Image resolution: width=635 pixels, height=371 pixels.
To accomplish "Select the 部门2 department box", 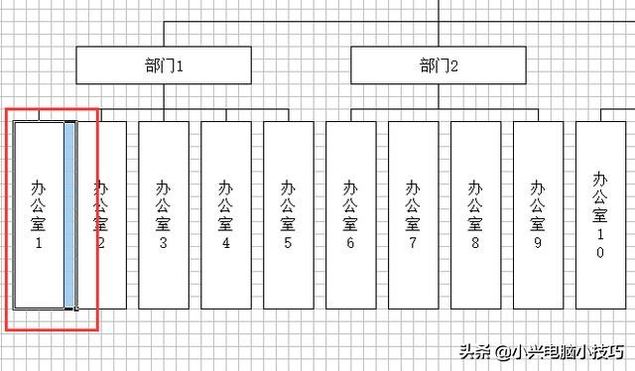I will [438, 65].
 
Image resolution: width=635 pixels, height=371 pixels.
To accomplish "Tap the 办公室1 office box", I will [39, 213].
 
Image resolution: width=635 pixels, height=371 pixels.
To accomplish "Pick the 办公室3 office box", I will [164, 213].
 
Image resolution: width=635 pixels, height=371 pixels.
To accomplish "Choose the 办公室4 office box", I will [226, 213].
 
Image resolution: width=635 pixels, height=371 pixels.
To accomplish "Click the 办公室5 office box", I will [288, 213].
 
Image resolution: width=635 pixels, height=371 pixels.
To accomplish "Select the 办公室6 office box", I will [350, 213].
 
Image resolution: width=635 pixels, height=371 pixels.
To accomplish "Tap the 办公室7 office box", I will [413, 213].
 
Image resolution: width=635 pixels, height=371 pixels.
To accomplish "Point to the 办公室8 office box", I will [475, 213].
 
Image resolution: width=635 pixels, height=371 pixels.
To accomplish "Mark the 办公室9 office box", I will [537, 213].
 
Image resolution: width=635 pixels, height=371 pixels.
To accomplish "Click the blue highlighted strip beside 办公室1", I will [69, 213].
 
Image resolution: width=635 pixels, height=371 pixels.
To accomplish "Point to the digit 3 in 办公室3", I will [164, 241].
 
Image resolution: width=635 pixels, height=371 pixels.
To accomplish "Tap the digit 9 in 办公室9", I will [537, 241].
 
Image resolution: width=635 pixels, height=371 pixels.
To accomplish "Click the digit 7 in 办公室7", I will [413, 241].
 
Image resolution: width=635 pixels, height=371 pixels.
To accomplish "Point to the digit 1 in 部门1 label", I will [181, 66].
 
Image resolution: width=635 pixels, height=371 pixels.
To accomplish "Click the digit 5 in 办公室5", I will [288, 241].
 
